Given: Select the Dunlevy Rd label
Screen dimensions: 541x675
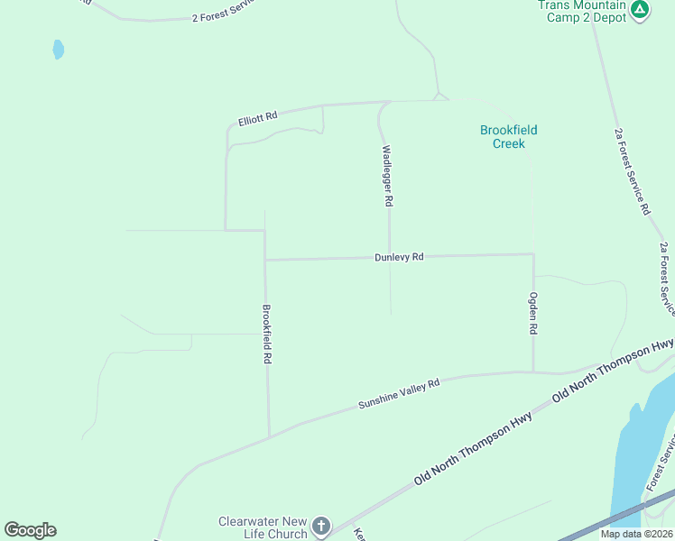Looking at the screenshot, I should coord(399,258).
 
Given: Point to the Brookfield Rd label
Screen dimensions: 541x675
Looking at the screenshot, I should coord(267,334).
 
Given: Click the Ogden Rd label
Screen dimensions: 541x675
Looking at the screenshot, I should coord(533,314).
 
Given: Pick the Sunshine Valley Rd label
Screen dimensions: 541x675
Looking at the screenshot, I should coord(398,393).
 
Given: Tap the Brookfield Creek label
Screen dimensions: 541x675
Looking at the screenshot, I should coord(508,137).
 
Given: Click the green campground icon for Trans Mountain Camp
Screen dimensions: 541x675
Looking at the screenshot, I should coord(640,10).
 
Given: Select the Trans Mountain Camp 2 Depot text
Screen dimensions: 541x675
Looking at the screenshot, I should coord(582,11).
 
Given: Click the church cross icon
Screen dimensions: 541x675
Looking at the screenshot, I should coord(322,527).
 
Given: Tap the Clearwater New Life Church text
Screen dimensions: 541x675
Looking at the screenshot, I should coord(263,527).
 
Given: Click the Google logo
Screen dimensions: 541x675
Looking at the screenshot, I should coord(30,530).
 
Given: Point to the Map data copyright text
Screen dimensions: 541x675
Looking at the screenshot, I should coord(636,534).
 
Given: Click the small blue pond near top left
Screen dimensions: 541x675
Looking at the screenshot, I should coord(59,49).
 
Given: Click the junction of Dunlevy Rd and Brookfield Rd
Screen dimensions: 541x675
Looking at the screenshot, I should coord(264,260).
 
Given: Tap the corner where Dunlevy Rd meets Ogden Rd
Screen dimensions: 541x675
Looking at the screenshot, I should coord(533,254).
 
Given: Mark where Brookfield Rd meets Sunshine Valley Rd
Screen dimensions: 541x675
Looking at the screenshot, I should coord(269,436).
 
